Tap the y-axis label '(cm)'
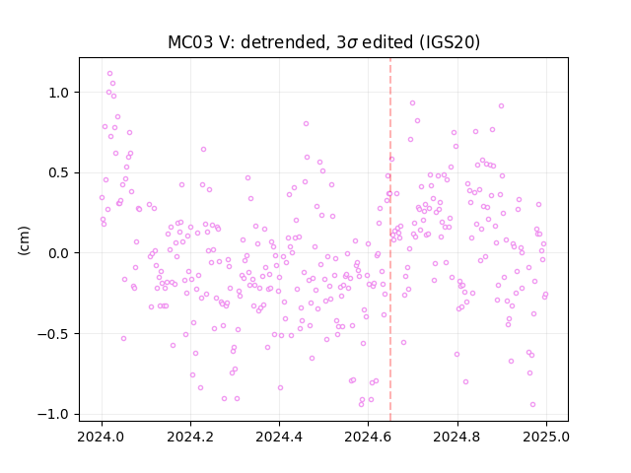24,240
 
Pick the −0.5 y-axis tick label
53,334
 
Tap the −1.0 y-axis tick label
53,414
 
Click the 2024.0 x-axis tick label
102,437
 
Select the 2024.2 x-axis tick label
190,437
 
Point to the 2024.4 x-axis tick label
279,437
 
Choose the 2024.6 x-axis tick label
368,437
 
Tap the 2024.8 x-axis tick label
457,437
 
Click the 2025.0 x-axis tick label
546,437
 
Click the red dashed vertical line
390,239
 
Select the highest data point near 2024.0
109,74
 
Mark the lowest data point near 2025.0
532,405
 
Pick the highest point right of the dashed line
412,102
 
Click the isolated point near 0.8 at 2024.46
307,124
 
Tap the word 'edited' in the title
387,42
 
